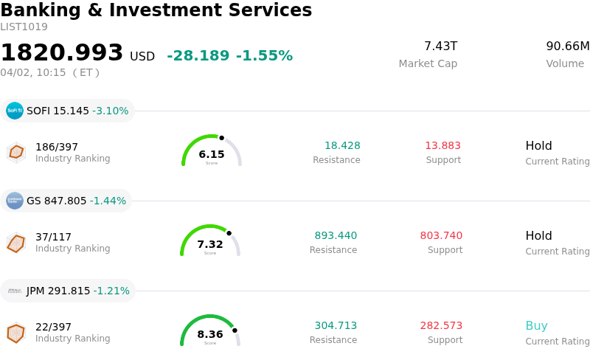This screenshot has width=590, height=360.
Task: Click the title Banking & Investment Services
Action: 156,10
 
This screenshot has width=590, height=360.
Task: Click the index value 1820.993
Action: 62,53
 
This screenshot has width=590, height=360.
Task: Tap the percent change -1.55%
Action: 264,56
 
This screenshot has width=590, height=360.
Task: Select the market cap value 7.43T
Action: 440,46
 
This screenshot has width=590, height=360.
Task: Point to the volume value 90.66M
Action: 567,46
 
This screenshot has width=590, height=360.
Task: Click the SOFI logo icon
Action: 15,111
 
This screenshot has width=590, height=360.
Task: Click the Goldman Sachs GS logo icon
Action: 15,201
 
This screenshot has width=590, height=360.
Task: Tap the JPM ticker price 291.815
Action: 69,291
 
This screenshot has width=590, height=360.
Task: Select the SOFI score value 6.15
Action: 212,154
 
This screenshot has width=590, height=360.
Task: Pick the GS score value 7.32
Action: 210,244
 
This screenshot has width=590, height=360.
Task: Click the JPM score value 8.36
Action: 210,334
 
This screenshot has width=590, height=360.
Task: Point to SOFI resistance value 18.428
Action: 342,146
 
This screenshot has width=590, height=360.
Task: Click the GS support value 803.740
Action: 441,236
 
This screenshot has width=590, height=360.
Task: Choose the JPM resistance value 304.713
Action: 336,326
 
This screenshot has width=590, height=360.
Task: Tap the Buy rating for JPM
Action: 536,326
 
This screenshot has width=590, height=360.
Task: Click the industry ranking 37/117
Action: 53,237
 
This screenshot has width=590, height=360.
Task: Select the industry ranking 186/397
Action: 57,147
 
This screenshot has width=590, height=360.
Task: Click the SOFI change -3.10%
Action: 110,111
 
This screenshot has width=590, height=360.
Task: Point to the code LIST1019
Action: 24,27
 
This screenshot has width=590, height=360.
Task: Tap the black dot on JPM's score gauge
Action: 235,330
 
